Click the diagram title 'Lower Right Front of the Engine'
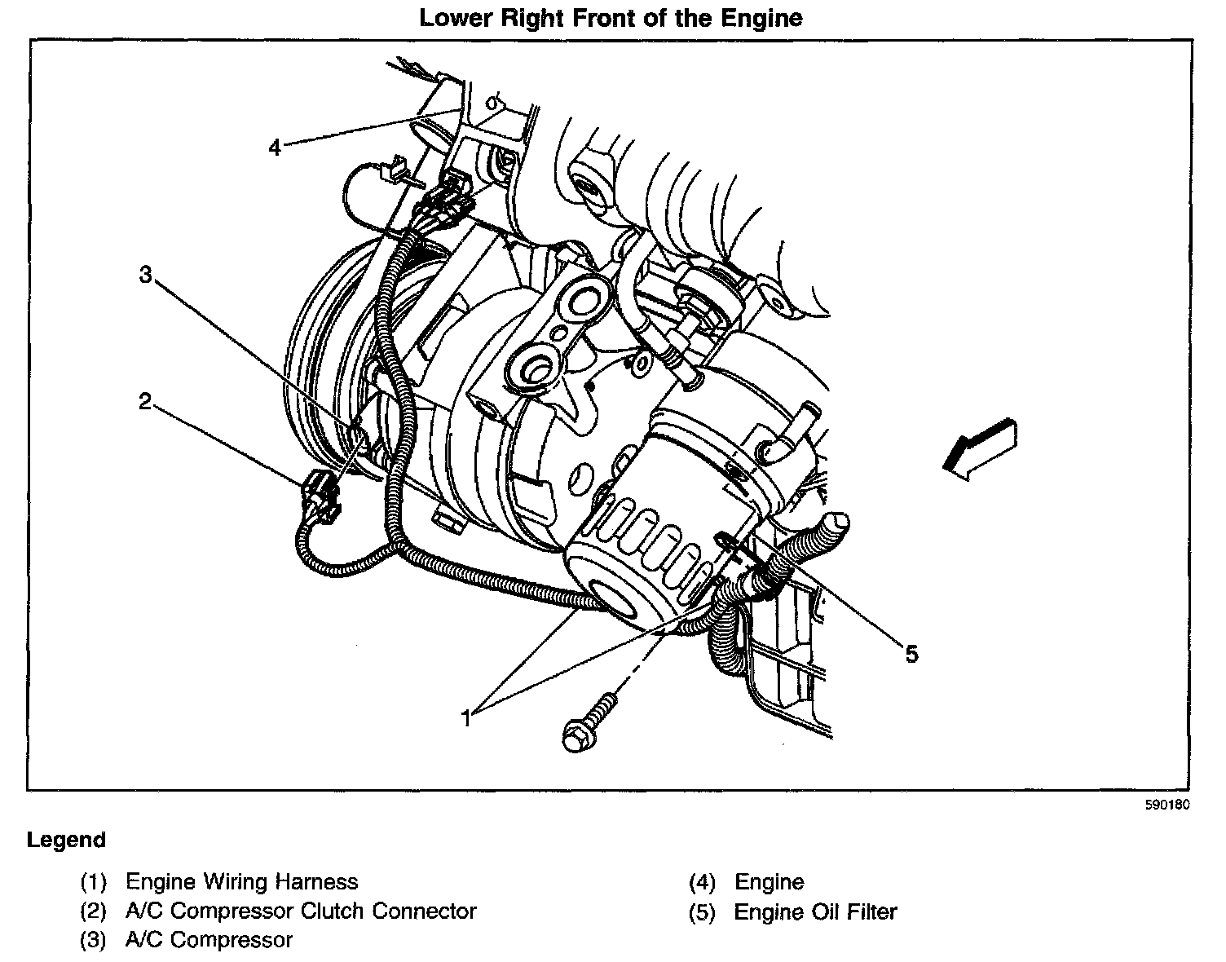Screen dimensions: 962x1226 (611, 18)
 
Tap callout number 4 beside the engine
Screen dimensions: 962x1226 (275, 148)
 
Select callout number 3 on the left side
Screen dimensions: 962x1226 (145, 276)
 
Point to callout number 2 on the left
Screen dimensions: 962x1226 (144, 401)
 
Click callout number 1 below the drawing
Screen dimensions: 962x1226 (466, 718)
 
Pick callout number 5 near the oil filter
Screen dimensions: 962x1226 (911, 653)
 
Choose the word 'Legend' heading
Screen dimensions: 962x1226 (66, 841)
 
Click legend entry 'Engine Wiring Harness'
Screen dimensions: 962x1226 (241, 881)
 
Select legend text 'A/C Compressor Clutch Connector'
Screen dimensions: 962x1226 (301, 911)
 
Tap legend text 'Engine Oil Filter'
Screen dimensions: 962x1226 (815, 911)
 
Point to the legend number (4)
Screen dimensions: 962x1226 (702, 882)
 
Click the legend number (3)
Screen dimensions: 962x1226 (93, 940)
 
